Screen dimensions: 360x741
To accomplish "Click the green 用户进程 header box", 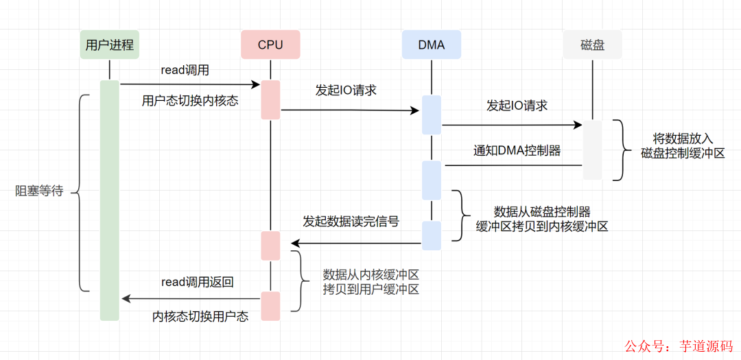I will [x=109, y=45].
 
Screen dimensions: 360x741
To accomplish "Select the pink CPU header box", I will [x=270, y=45].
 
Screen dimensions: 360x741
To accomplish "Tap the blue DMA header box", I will [x=432, y=45].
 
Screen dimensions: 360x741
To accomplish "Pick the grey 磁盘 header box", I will [x=592, y=45].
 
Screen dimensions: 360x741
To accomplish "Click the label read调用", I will [x=185, y=70].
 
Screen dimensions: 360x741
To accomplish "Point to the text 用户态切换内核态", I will [x=190, y=101].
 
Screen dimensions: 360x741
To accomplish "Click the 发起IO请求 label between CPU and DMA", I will [x=346, y=90].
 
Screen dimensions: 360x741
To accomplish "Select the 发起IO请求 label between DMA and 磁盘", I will [x=517, y=106].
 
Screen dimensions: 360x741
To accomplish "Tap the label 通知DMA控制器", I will [x=517, y=150].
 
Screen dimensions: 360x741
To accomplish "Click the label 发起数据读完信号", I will [x=351, y=221].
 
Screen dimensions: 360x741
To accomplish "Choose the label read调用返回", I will [x=198, y=282].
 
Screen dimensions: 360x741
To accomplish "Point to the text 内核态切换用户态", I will [x=200, y=316].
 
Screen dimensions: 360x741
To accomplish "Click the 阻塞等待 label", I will [x=39, y=191].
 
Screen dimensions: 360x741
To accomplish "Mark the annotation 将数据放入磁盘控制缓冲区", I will [x=682, y=145].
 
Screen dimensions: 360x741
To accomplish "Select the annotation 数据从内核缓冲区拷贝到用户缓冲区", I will [x=370, y=282].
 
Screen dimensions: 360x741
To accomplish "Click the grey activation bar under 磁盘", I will [x=592, y=149].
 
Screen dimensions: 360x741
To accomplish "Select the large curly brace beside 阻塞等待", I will [x=80, y=192].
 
